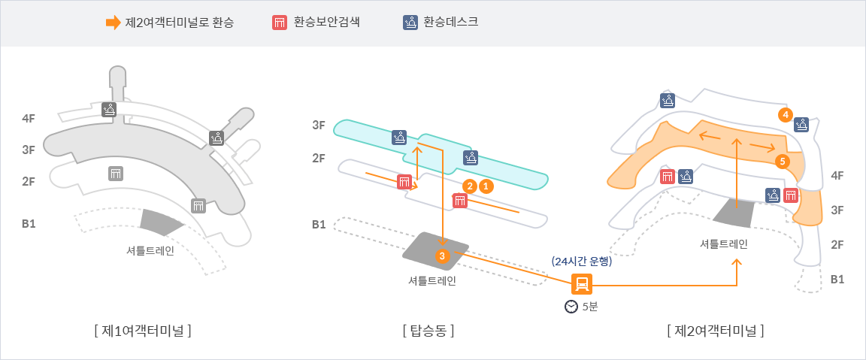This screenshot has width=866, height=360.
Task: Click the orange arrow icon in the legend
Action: tap(113, 23)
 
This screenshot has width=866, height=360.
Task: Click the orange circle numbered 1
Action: tap(486, 185)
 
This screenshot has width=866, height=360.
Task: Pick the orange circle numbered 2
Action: tap(470, 185)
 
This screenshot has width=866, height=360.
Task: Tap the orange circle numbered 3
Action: tap(442, 256)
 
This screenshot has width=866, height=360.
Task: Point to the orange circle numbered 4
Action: tap(785, 114)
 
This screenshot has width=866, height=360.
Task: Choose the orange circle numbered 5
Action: tap(782, 161)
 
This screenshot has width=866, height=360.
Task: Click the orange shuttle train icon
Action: tap(582, 283)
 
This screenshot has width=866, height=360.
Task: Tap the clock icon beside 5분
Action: tap(571, 307)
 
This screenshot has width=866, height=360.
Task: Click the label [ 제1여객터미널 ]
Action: tap(143, 330)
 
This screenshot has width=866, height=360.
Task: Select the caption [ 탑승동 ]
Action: tap(428, 330)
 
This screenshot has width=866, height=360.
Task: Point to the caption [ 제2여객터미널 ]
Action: tap(715, 330)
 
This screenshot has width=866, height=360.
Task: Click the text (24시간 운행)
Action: tap(582, 262)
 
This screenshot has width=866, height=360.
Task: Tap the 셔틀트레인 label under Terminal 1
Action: tap(150, 250)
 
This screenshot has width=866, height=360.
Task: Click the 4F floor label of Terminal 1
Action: tap(29, 119)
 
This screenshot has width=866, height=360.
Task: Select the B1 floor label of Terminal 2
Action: tap(837, 279)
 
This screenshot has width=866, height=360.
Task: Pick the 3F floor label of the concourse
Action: tap(319, 126)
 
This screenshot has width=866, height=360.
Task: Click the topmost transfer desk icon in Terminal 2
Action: tap(668, 100)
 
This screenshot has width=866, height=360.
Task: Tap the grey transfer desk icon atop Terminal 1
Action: tap(110, 110)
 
